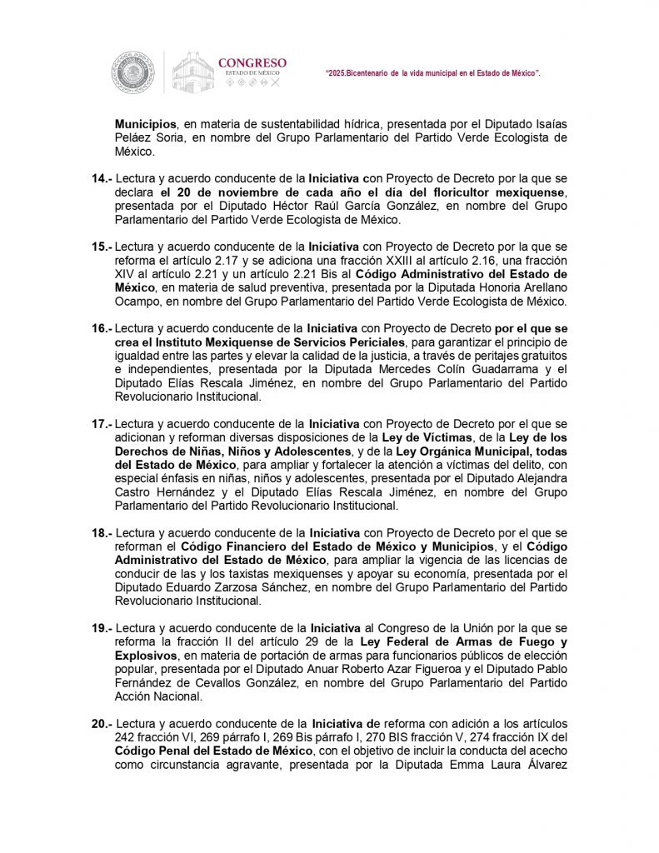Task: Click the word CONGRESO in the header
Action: tap(252, 62)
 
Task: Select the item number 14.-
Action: tap(100, 179)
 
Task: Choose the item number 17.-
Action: tap(100, 424)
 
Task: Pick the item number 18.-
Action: tap(100, 532)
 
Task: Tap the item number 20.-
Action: tap(100, 725)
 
